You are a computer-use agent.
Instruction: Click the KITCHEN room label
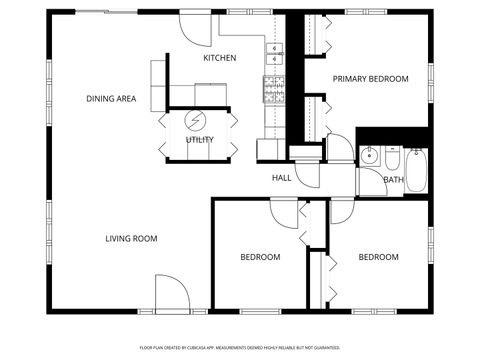click(x=219, y=58)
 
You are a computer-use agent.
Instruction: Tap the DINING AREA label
click(x=111, y=99)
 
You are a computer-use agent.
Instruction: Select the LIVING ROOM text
click(x=132, y=238)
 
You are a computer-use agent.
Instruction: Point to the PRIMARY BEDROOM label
click(x=370, y=79)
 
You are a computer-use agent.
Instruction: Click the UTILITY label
click(x=199, y=140)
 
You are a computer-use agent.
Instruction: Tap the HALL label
click(x=281, y=178)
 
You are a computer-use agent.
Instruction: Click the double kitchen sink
click(x=275, y=53)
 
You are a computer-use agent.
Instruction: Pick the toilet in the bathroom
click(x=391, y=158)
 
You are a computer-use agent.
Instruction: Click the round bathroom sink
click(x=369, y=156)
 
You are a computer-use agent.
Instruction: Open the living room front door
click(x=171, y=294)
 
